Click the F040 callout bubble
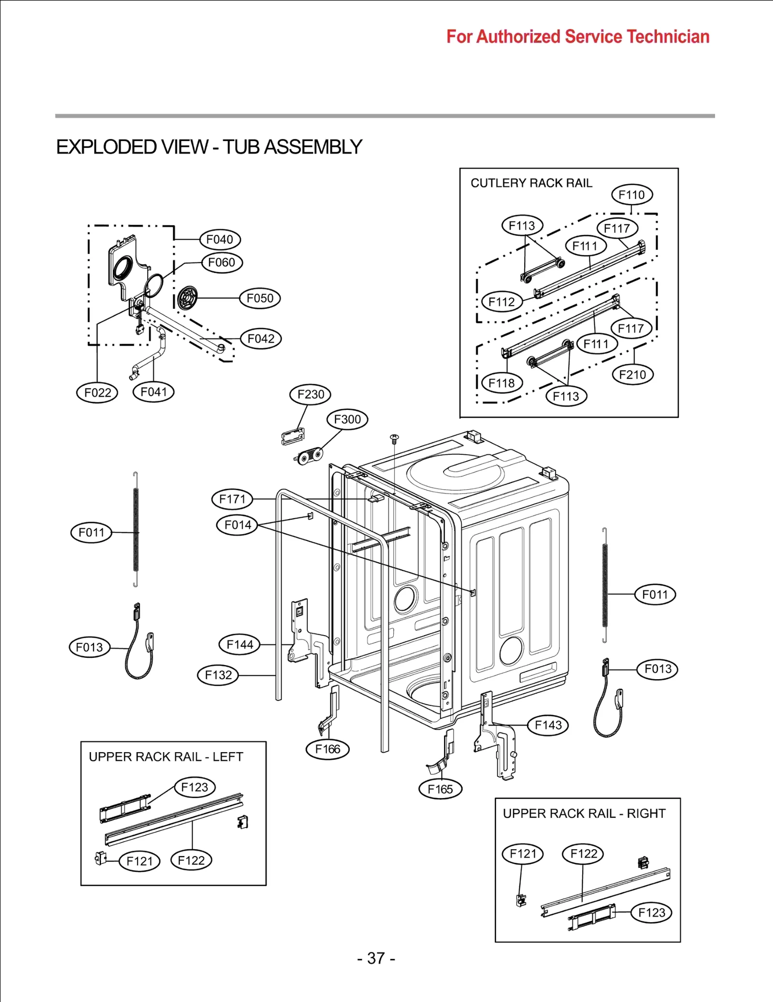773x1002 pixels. click(220, 239)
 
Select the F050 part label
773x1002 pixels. click(260, 298)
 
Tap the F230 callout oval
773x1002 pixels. click(310, 394)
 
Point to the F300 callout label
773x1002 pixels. click(347, 419)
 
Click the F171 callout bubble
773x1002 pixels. click(232, 499)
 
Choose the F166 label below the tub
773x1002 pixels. click(328, 749)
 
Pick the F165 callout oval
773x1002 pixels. click(440, 789)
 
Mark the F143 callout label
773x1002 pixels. click(548, 725)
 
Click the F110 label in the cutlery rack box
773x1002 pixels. click(631, 195)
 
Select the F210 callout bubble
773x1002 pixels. click(632, 375)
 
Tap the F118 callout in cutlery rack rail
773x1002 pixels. click(501, 383)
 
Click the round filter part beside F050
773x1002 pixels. click(187, 298)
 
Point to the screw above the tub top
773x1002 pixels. click(394, 438)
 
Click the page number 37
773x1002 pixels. click(376, 958)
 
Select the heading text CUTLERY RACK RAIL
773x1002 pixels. click(531, 183)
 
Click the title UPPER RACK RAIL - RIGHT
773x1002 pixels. click(584, 813)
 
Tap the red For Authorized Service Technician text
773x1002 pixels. click(577, 37)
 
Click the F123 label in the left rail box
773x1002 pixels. click(194, 787)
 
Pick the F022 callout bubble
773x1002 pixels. click(97, 392)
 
